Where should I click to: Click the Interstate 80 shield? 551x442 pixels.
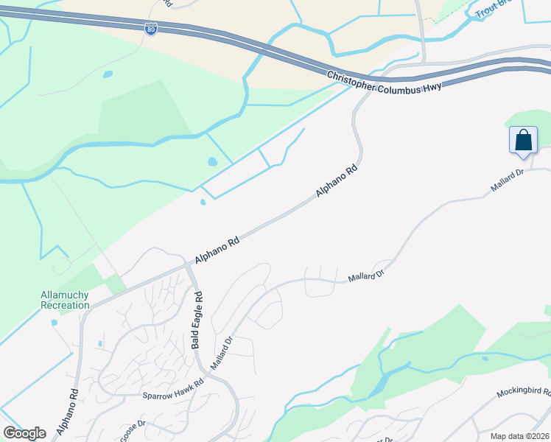pos(150,29)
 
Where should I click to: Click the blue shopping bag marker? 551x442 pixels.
pos(523,139)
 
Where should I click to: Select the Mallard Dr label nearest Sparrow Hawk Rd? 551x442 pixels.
pos(222,353)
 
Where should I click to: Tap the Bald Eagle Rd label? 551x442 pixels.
pos(197,320)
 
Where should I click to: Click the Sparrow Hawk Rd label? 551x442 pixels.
pos(172,395)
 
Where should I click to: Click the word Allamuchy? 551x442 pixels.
pos(64,295)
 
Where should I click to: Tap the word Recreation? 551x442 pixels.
pos(64,306)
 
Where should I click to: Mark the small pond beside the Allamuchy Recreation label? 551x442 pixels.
pos(54,322)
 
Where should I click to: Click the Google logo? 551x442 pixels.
pos(24,432)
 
